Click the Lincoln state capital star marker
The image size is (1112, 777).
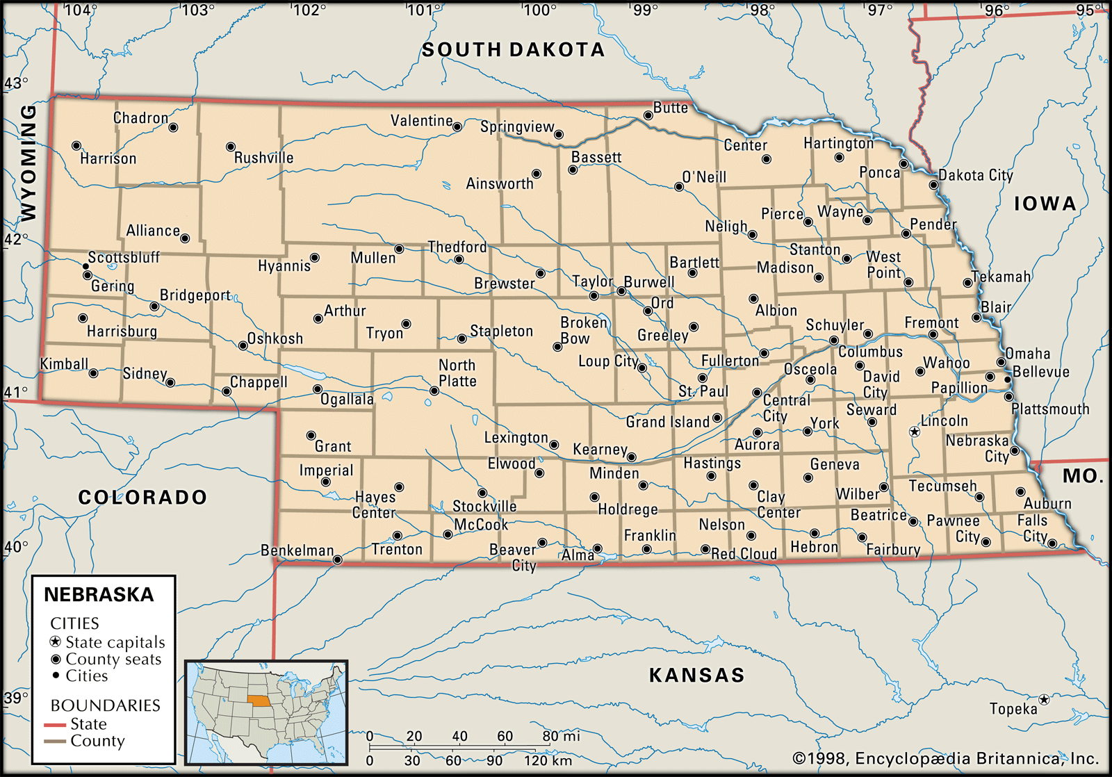(915, 432)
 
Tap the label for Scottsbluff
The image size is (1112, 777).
(124, 257)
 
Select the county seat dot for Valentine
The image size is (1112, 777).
(457, 127)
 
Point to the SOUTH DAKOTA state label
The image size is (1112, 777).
(513, 49)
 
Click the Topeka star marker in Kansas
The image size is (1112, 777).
(1043, 699)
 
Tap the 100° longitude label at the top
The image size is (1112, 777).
(539, 10)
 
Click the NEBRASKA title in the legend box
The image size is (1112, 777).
(99, 595)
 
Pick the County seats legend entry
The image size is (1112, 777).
(113, 659)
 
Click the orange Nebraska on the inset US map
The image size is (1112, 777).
(260, 700)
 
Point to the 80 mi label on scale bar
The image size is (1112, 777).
(561, 736)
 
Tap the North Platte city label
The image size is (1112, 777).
(457, 373)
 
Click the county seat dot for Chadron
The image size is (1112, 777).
(173, 127)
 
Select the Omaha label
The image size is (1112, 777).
(1027, 353)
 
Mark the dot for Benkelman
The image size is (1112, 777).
(337, 559)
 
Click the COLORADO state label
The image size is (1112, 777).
(142, 497)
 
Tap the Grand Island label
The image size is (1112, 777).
(667, 422)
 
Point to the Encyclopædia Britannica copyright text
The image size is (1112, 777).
(945, 758)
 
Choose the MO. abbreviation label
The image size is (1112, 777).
(1083, 476)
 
